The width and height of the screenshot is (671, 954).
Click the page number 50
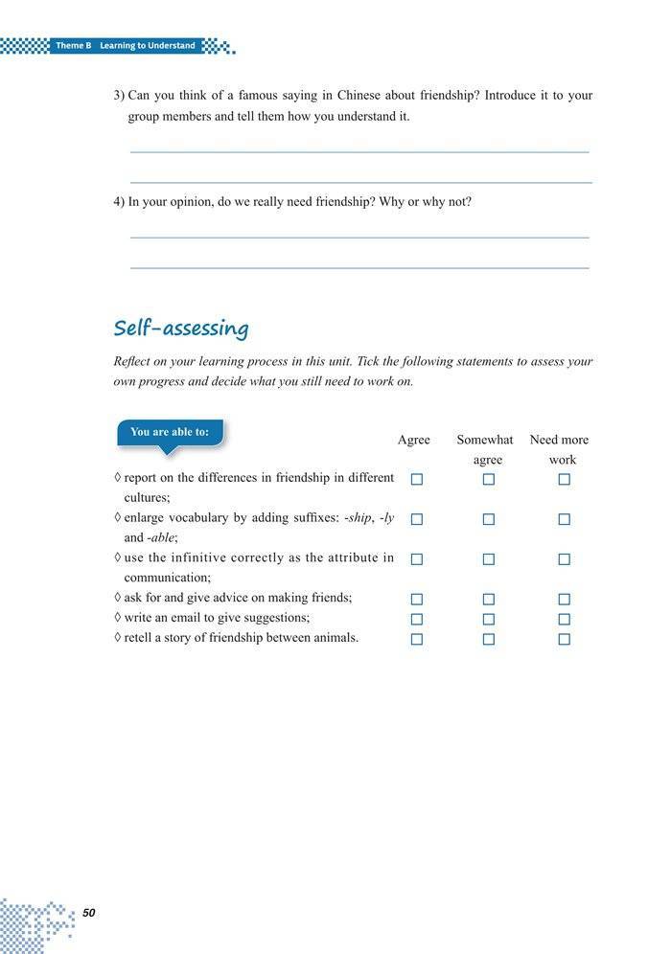(x=88, y=913)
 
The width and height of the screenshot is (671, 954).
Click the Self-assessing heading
(x=181, y=329)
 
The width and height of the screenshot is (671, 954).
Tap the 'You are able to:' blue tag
(x=170, y=432)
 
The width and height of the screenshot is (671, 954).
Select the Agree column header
(x=414, y=440)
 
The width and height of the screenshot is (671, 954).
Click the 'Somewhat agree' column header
(x=485, y=449)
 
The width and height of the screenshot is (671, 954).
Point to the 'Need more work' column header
(x=559, y=449)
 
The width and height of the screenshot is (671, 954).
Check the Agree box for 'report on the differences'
(x=417, y=479)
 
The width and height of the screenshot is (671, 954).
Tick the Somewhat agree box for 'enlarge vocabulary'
(x=489, y=519)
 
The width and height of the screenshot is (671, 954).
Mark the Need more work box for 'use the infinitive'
(x=564, y=558)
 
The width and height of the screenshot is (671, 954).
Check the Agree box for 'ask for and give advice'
(x=417, y=599)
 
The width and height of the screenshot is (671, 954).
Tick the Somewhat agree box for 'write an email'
(x=489, y=619)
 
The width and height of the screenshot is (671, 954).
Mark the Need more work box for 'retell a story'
(x=564, y=639)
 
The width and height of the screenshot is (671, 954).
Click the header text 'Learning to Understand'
(x=148, y=46)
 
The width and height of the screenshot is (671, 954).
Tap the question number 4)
(x=119, y=202)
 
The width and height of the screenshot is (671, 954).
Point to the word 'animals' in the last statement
(x=335, y=637)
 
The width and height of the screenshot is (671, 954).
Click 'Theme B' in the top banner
(x=73, y=46)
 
